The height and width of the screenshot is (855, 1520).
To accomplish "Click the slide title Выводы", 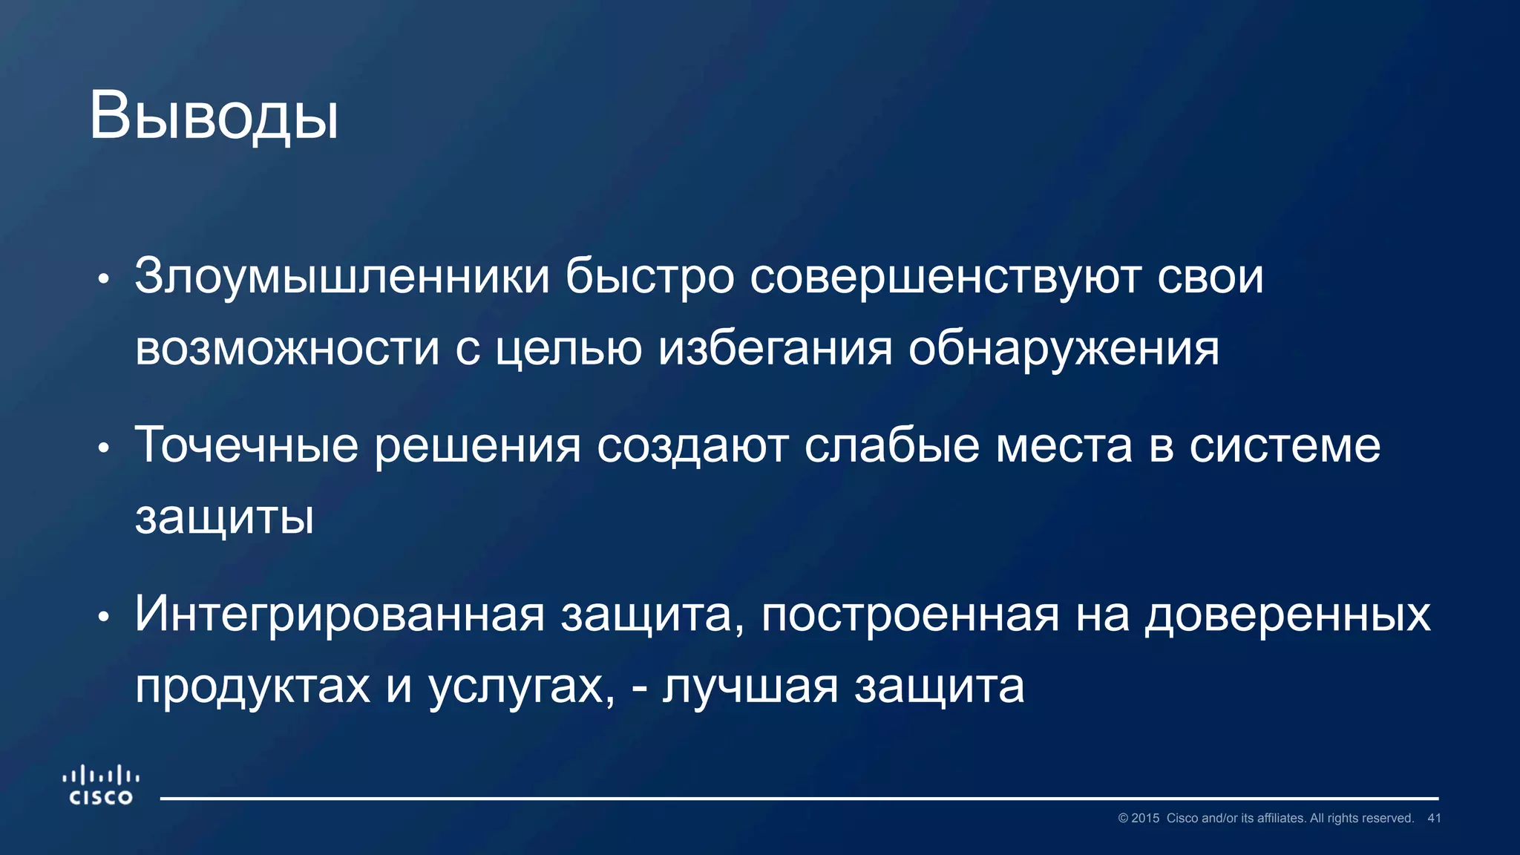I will click(x=214, y=117).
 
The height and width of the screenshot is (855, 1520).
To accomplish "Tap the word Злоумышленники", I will click(x=342, y=277).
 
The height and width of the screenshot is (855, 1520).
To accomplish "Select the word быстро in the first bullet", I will click(x=649, y=277).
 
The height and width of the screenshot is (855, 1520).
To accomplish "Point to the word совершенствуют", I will click(x=945, y=277).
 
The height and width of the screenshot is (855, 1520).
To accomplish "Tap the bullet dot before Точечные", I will click(x=104, y=448).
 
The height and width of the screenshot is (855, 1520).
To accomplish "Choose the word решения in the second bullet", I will click(x=477, y=445).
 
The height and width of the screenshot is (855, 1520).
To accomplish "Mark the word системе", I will click(x=1285, y=445).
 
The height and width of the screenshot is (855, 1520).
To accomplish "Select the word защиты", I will click(x=224, y=517).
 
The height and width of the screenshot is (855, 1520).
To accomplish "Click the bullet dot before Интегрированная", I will click(x=104, y=616).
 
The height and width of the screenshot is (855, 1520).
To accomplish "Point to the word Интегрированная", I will click(x=340, y=615).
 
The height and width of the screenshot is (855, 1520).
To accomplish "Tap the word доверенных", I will click(x=1288, y=615).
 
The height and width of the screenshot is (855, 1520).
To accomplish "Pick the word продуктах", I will click(x=252, y=686).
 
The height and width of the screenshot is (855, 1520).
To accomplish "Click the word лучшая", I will click(x=750, y=686).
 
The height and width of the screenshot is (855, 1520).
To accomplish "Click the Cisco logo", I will click(x=101, y=786).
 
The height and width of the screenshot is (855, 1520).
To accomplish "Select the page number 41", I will click(x=1434, y=818).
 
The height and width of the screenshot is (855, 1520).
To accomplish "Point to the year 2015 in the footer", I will click(x=1144, y=818).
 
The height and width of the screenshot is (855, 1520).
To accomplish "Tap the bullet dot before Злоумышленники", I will click(x=104, y=280).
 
